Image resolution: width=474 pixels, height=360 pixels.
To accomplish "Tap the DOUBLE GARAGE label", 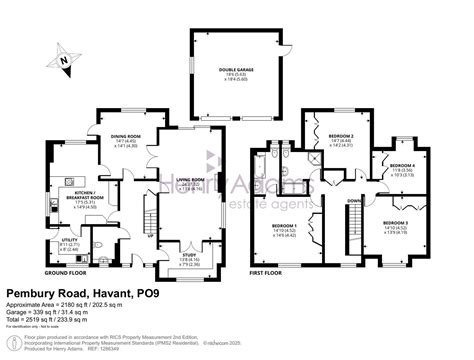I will coord(234,70).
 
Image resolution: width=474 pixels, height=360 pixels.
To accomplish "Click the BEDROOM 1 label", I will coord(285,227).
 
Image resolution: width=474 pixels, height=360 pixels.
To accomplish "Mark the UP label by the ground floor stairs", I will coord(151,236).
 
